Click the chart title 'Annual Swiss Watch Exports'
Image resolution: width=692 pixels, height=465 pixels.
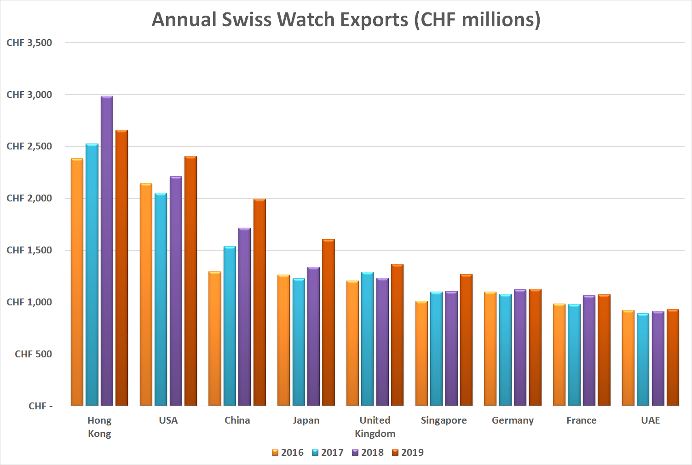tap(346, 20)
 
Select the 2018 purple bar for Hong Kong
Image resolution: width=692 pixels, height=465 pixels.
tap(107, 251)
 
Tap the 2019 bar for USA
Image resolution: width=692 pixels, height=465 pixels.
tap(190, 281)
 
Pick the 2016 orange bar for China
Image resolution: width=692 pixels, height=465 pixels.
tap(215, 339)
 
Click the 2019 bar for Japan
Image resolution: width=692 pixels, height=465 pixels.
tap(329, 322)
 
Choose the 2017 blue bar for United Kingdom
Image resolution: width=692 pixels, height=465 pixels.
tap(367, 339)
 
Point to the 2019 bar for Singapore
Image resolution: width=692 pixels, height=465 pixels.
tap(466, 340)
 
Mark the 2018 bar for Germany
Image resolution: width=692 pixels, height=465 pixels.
tap(520, 347)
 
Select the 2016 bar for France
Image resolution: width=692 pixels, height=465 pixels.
tap(559, 355)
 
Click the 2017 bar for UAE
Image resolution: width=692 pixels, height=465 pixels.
tap(643, 359)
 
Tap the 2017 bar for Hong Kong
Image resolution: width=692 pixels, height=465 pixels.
tap(92, 275)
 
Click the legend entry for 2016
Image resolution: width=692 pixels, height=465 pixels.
tap(288, 453)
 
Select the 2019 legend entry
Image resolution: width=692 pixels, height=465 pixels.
tap(408, 453)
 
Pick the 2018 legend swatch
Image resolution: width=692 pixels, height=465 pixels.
tap(355, 453)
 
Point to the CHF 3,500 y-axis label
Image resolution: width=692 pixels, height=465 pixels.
tap(29, 43)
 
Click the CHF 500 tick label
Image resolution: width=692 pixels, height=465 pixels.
tap(33, 354)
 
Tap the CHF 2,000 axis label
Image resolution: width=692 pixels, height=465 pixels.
tap(29, 198)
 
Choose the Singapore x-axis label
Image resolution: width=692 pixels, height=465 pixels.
tap(444, 420)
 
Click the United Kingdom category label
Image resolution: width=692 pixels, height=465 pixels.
tap(375, 427)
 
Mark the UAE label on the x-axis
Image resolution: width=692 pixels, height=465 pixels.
tap(650, 420)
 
